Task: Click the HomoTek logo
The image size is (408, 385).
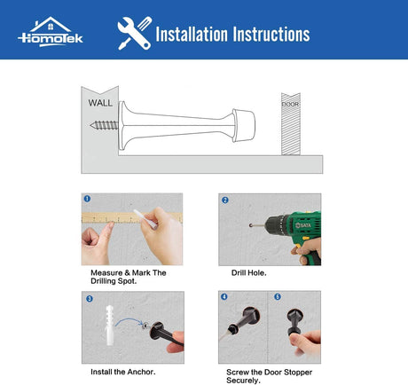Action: pos(51,32)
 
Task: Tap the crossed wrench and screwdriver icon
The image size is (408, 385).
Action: pos(135,33)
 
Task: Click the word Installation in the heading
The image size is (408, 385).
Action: pos(192,34)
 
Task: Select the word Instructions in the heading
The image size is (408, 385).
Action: pos(271,34)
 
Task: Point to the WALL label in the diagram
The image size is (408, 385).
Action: pos(100,103)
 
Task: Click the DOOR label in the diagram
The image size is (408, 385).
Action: pos(290,104)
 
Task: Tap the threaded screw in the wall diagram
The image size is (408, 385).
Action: pos(104,125)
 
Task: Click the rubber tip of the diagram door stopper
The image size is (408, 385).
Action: pos(244,125)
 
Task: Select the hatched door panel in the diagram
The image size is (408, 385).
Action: pos(291,124)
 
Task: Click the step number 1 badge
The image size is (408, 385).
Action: pos(87,199)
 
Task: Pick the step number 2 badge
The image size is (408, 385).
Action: pos(225,200)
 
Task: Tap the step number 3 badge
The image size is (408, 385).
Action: pos(90,299)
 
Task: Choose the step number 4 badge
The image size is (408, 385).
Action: pos(224,296)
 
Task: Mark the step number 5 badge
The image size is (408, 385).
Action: pos(278,296)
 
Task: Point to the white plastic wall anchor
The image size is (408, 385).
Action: pos(109,326)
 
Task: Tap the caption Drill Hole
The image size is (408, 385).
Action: pos(248,273)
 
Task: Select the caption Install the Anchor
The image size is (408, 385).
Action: pos(123,372)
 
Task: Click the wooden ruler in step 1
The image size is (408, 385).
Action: pos(132,217)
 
